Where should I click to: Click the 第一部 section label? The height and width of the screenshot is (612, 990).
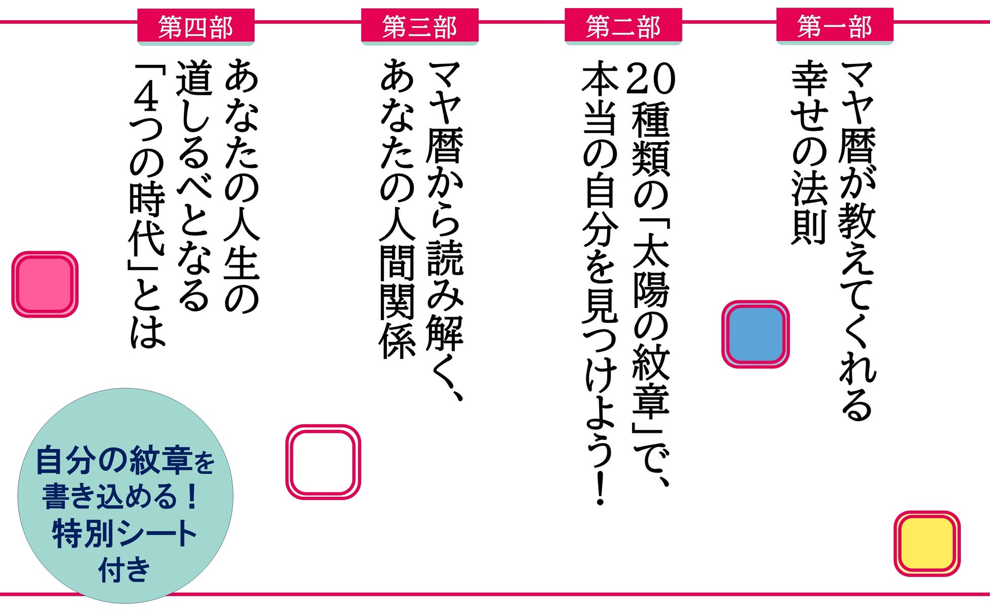coord(834,26)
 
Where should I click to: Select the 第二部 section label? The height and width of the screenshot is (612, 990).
coord(623,26)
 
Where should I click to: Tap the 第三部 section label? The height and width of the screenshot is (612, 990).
coord(419,26)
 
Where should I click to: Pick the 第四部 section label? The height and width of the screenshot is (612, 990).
coord(195,27)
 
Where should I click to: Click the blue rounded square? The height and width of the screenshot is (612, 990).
coord(755,334)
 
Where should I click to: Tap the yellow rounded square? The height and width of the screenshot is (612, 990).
coord(927,543)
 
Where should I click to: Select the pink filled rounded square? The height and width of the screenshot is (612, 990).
coord(45,284)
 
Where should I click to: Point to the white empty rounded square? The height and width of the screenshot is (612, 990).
coord(323,462)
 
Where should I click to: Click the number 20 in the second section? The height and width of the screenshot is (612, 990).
coord(651,79)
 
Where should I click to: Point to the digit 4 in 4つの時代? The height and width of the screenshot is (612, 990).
coord(147,99)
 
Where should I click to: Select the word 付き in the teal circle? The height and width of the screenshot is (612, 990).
coord(124,570)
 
